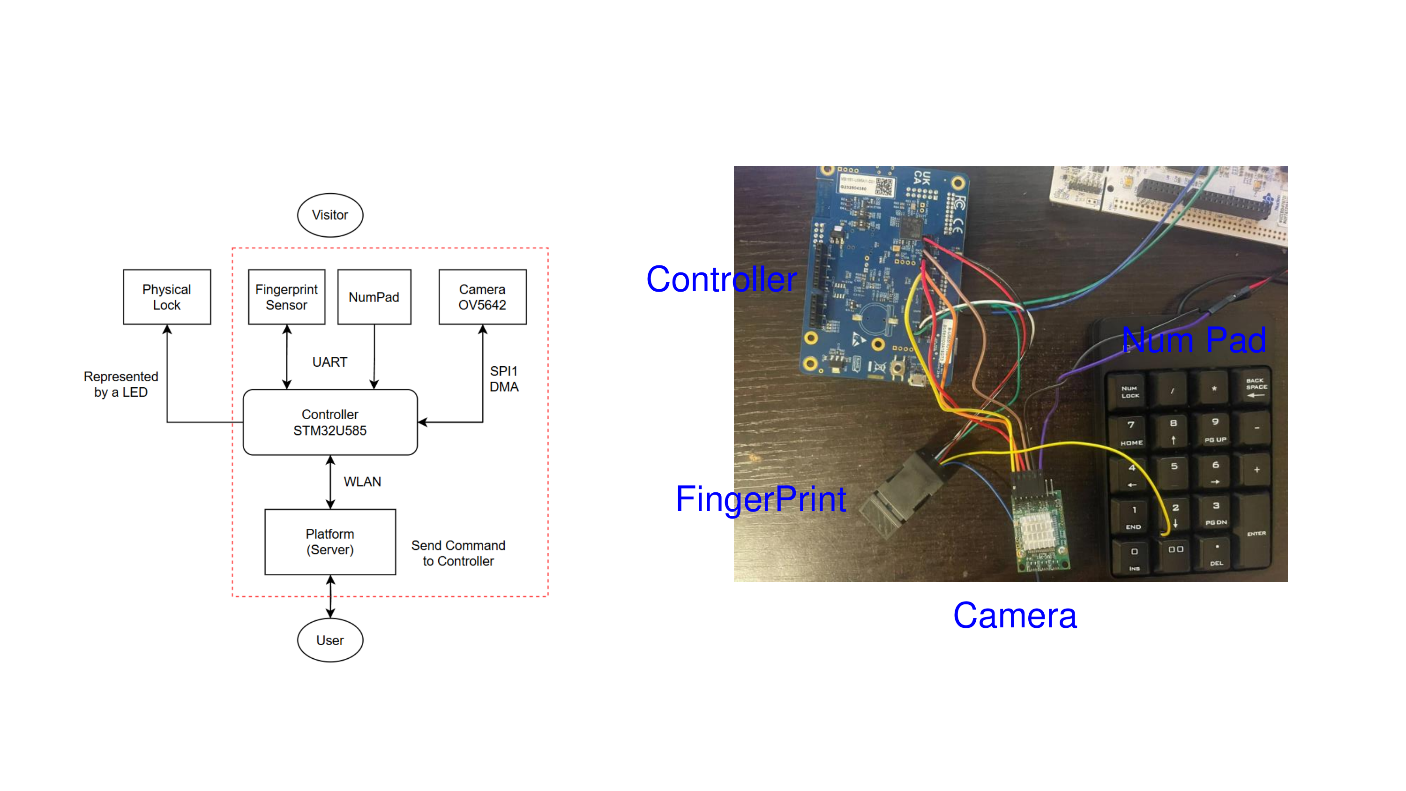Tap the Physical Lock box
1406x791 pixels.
(166, 297)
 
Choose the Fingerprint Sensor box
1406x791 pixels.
(286, 297)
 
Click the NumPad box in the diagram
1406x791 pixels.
(374, 297)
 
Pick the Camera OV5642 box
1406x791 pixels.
(483, 297)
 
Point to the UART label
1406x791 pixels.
(329, 362)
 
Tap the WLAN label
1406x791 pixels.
(362, 482)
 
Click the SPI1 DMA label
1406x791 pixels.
(503, 379)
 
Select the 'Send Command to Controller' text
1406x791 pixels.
(458, 553)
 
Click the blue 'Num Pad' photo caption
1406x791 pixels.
(1194, 340)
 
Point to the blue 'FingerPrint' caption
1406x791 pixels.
(761, 499)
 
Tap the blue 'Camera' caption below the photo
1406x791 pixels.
(1015, 616)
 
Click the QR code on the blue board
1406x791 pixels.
(884, 187)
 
